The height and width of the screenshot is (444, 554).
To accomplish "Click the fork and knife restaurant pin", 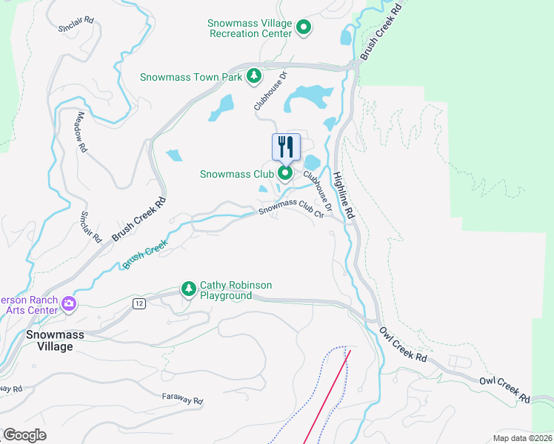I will pos(286,147).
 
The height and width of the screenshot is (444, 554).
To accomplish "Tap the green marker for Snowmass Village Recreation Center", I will pos(304,28).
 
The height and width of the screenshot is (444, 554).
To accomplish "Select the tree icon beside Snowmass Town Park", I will pos(254,76).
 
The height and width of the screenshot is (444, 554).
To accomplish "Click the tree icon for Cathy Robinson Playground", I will pos(189,288).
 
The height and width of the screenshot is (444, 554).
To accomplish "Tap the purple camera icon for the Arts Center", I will pos(69,303).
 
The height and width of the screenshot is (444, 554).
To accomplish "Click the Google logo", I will pos(24,435).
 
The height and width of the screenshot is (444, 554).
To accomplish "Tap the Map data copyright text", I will pos(522,437).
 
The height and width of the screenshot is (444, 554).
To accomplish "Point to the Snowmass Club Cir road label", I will pos(293,208).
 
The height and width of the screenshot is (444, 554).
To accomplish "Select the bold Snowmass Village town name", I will pos(50,340).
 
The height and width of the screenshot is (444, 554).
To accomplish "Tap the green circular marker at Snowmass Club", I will pos(285,174).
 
